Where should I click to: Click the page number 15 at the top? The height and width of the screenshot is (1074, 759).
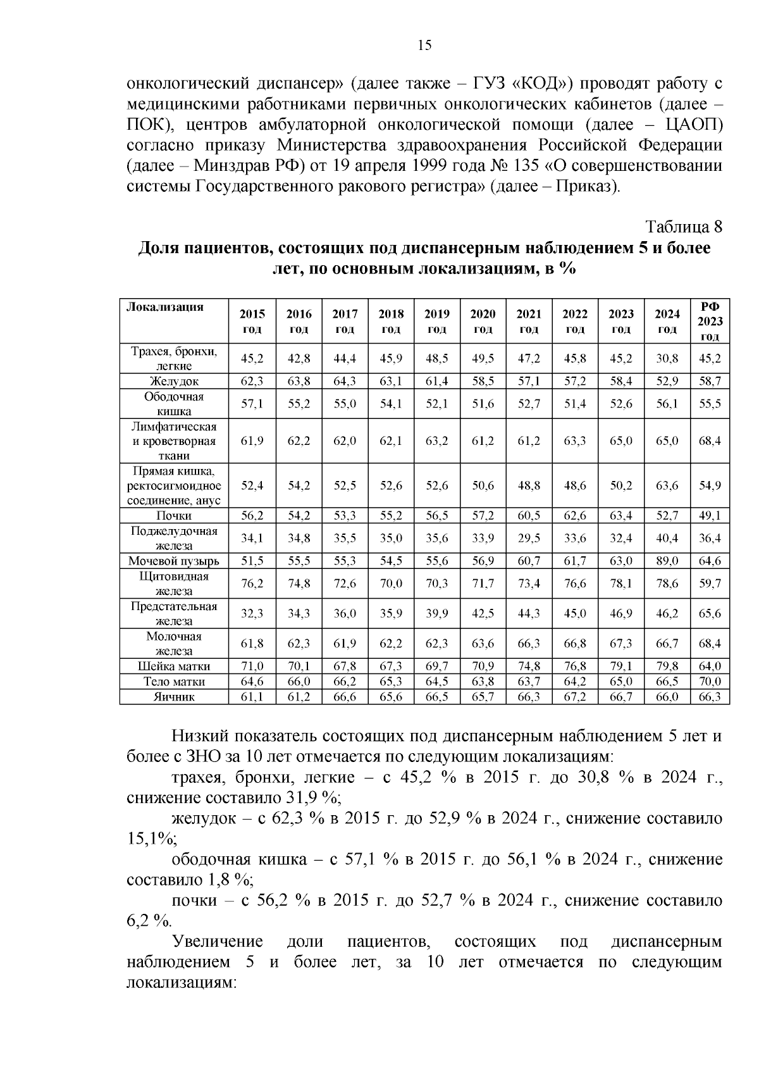(x=424, y=45)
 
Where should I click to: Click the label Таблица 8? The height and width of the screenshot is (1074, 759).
(x=683, y=227)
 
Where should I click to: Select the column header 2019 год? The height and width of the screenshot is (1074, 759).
(x=437, y=321)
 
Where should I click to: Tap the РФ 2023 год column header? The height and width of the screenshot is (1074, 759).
(x=710, y=321)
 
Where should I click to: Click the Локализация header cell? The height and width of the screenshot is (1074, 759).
(x=165, y=308)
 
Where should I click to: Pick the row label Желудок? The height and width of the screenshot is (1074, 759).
(x=174, y=381)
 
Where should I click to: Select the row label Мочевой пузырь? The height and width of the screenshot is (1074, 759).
(x=174, y=561)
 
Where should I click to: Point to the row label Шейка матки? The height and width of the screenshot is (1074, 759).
(x=174, y=666)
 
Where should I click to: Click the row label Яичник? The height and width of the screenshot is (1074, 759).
(x=174, y=697)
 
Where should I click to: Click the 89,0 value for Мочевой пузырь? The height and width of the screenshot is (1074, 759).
(x=667, y=561)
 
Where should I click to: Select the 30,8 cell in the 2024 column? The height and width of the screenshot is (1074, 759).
(x=667, y=358)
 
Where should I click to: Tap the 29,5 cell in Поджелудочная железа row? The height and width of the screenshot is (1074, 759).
(x=529, y=538)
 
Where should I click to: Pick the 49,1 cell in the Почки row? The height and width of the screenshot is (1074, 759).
(x=710, y=516)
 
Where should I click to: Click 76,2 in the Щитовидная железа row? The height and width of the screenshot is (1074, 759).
(x=252, y=584)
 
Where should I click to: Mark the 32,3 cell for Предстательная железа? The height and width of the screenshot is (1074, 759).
(x=252, y=613)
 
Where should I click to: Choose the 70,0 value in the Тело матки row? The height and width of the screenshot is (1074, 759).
(x=710, y=682)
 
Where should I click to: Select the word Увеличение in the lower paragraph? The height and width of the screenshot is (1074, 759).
(x=217, y=942)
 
